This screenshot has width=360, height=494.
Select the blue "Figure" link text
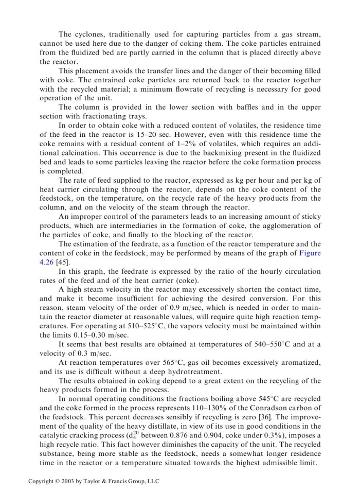[x=310, y=253]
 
